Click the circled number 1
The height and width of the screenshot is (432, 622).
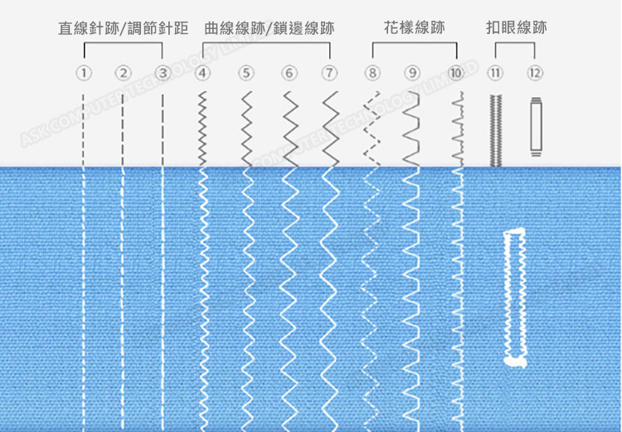(83, 73)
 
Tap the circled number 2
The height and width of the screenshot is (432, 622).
(123, 73)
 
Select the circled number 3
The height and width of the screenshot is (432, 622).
(163, 73)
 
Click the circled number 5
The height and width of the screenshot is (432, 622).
(246, 73)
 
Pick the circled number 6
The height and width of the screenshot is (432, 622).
(289, 73)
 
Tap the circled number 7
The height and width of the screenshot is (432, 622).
(330, 73)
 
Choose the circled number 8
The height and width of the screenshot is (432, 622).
(373, 73)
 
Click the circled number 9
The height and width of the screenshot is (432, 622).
(412, 73)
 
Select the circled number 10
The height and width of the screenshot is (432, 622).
(455, 73)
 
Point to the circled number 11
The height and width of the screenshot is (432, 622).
(495, 73)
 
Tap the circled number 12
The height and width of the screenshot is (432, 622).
(535, 73)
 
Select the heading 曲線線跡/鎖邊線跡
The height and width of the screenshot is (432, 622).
(269, 28)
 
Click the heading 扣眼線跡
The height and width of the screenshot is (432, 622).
(516, 28)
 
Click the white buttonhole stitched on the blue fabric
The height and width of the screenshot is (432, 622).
(514, 296)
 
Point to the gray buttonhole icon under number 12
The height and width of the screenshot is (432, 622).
(535, 126)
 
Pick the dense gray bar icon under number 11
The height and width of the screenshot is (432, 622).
(495, 129)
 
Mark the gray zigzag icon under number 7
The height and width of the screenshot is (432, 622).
(330, 129)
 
